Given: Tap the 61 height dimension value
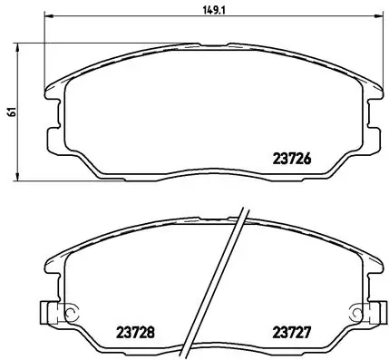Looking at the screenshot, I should tap(10, 112).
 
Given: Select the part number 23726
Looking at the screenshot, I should tap(292, 157).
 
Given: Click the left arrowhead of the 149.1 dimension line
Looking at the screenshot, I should tap(48, 16).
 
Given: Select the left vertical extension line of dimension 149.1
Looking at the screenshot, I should tap(44, 54).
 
